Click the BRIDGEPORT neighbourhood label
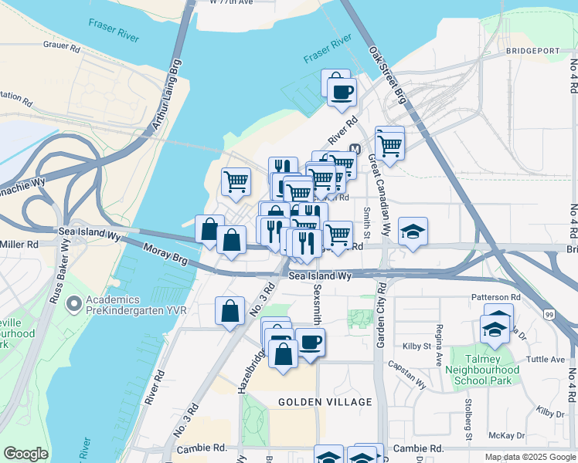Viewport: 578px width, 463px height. click(532, 51)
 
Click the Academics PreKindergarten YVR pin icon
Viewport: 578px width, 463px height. click(74, 305)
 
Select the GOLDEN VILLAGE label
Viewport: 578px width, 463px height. click(325, 402)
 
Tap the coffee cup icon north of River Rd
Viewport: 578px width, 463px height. click(342, 92)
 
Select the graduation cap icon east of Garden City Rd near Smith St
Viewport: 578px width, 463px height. click(413, 231)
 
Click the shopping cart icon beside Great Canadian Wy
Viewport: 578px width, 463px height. click(390, 144)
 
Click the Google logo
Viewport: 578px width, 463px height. click(26, 454)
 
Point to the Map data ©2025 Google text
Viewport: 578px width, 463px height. click(529, 457)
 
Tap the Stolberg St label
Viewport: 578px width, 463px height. click(468, 421)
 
